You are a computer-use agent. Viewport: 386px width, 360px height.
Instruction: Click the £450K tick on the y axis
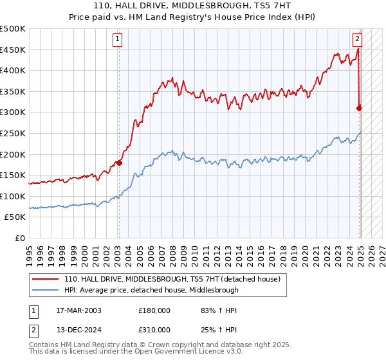pyautogui.click(x=13, y=50)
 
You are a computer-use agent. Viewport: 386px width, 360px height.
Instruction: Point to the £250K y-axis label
pyautogui.click(x=13, y=133)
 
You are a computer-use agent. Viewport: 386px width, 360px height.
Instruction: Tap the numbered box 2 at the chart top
pyautogui.click(x=357, y=39)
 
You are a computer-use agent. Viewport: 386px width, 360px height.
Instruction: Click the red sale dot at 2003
pyautogui.click(x=119, y=163)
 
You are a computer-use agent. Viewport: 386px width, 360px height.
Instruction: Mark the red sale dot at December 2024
pyautogui.click(x=360, y=108)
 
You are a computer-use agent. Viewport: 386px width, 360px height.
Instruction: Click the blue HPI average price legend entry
pyautogui.click(x=151, y=290)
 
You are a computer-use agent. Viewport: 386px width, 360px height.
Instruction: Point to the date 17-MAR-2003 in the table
pyautogui.click(x=78, y=310)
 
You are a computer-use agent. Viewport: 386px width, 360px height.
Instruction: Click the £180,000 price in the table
pyautogui.click(x=154, y=310)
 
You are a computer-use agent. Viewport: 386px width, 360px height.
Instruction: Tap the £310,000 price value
pyautogui.click(x=154, y=331)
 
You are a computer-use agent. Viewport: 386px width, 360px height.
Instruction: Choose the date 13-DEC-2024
pyautogui.click(x=78, y=331)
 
